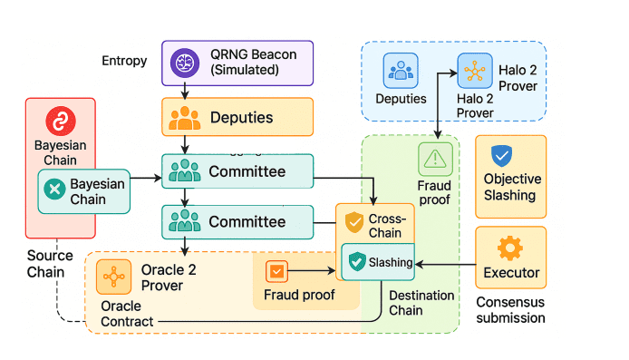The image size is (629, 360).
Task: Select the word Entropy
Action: (x=125, y=60)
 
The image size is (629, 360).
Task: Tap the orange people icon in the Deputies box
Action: (x=185, y=117)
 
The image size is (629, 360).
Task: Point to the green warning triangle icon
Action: (x=435, y=159)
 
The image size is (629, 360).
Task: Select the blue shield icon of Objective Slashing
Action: (x=500, y=154)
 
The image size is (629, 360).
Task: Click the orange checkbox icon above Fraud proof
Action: (x=276, y=270)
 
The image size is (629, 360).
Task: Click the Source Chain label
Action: (x=45, y=264)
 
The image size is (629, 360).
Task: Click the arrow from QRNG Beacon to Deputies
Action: (x=185, y=90)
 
